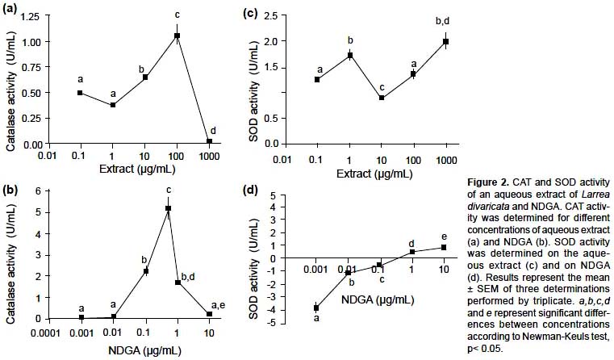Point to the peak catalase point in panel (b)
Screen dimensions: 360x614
pos(168,208)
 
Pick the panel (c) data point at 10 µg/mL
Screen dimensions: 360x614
pos(381,98)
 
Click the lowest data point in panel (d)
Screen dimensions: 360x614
pos(316,308)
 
